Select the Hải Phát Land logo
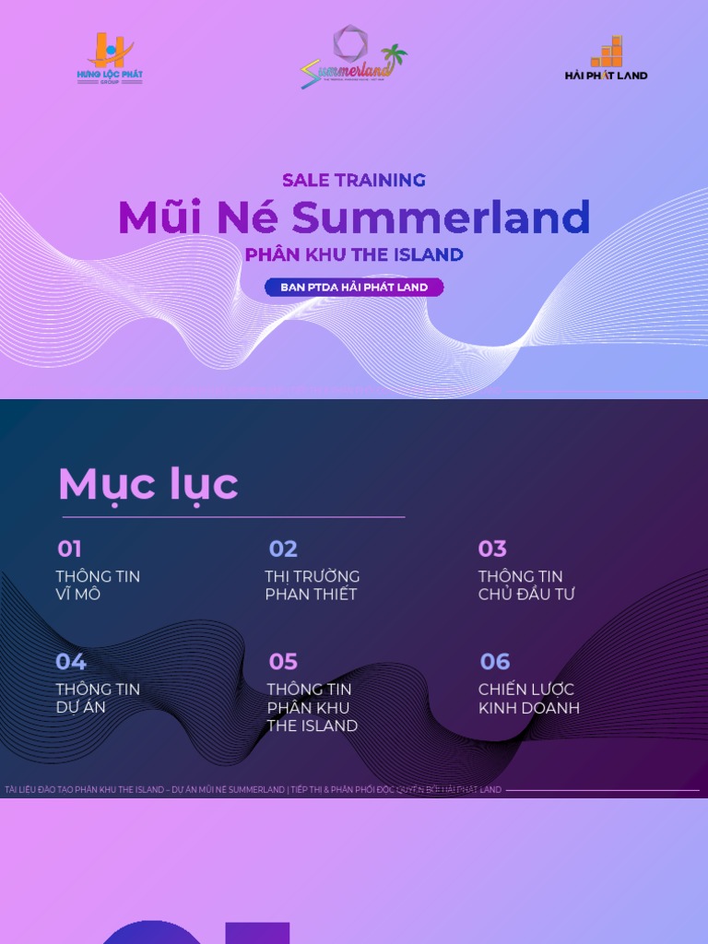coord(606,59)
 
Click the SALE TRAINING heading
coord(354,180)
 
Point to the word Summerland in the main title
coord(441,218)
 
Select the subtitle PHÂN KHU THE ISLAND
coord(354,254)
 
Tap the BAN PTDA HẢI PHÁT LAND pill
coord(354,288)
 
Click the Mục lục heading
coord(148,484)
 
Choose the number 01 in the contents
coord(69,549)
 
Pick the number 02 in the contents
coord(283,549)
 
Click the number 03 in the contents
coord(492,549)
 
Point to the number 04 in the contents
coord(71,662)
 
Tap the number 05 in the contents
coord(283,662)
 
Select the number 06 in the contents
coord(495,662)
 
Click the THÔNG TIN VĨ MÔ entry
coord(98,585)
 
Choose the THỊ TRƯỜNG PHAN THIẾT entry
coord(312,585)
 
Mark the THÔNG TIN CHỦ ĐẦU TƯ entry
coord(525,585)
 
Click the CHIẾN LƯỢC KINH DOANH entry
coord(528,699)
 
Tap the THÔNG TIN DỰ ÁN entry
coord(98,698)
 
